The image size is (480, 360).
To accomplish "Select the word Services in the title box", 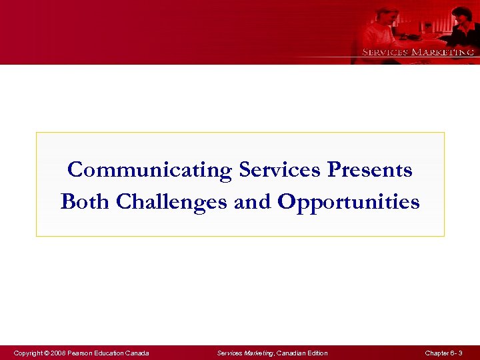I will pos(280,171).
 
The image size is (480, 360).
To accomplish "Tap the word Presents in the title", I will pos(370,171).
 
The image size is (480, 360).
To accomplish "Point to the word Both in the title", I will pos(85,201).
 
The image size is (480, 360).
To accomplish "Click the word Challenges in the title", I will pos(171,202).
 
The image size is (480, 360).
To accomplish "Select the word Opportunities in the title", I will pos(348,202).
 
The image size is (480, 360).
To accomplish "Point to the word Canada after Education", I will pos(137,353).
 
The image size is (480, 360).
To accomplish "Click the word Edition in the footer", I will pos(316,353).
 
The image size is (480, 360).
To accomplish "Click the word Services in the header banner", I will pos(385,52).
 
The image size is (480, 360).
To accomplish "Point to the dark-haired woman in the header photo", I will pos(461,23).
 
